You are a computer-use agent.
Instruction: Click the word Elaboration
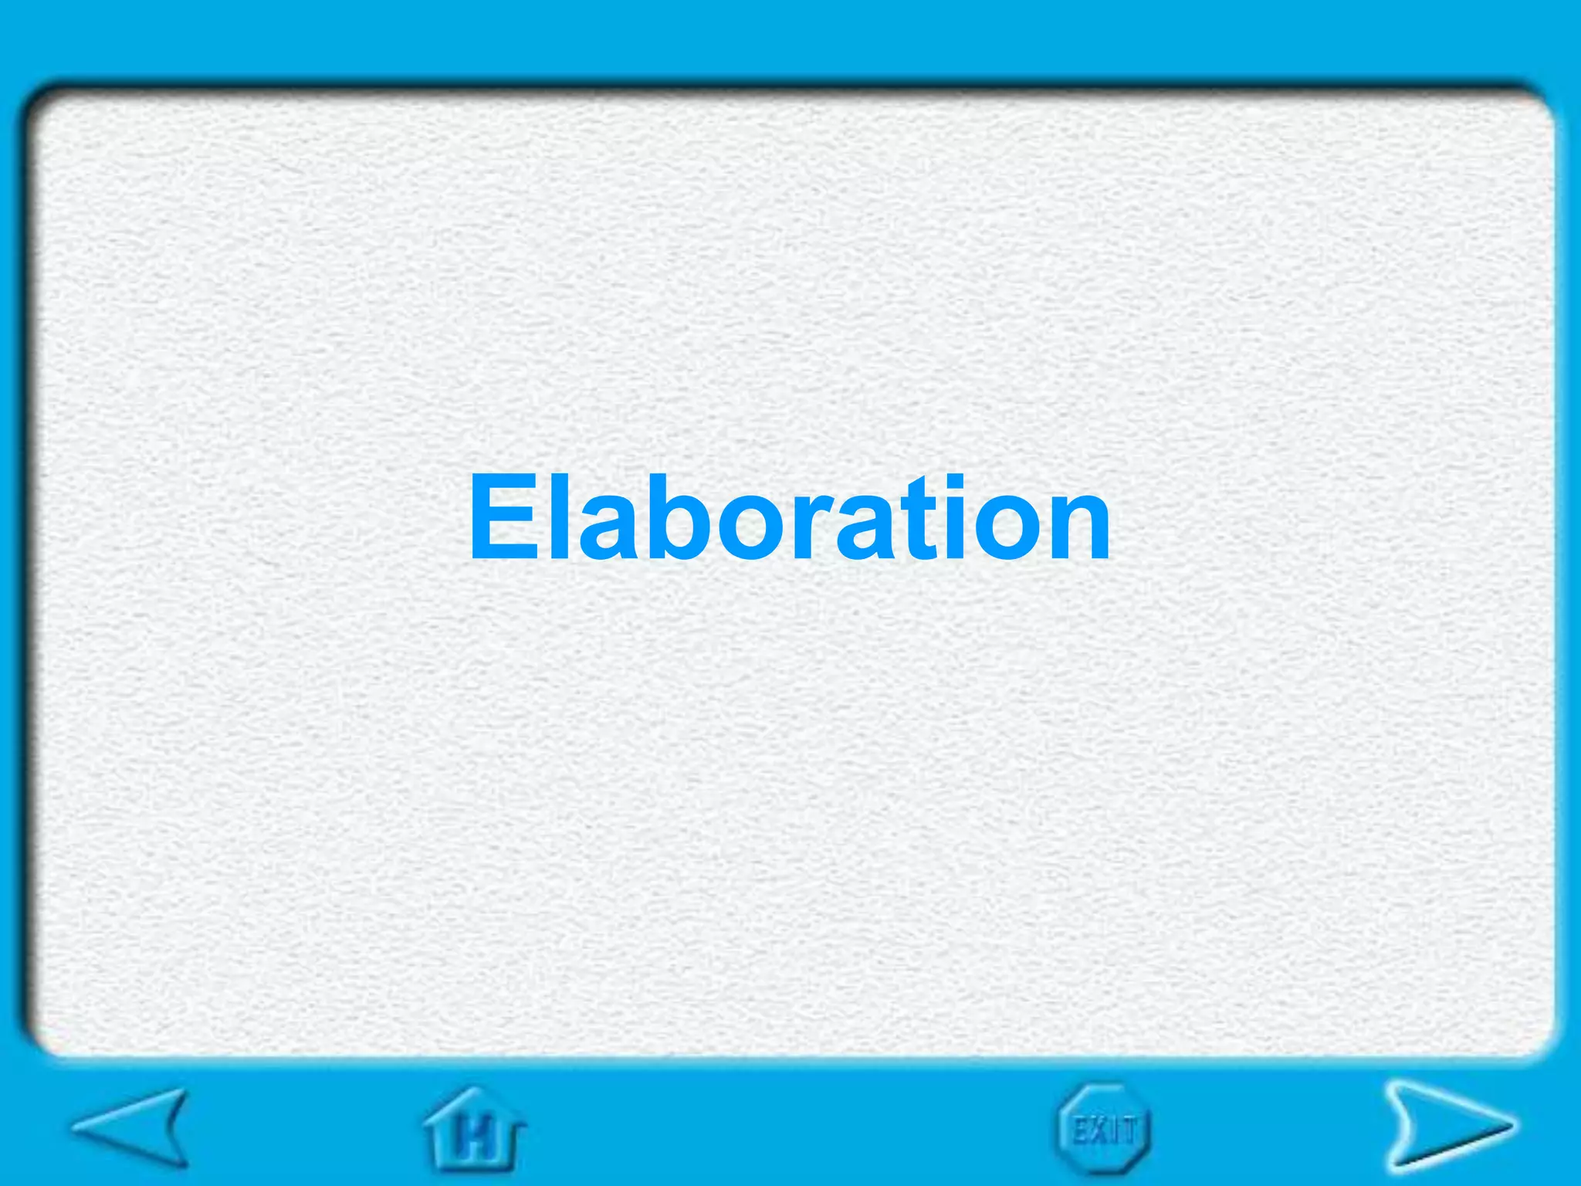(x=789, y=517)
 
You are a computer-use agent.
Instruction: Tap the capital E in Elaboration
(x=506, y=517)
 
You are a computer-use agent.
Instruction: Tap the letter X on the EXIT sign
(x=1099, y=1132)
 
